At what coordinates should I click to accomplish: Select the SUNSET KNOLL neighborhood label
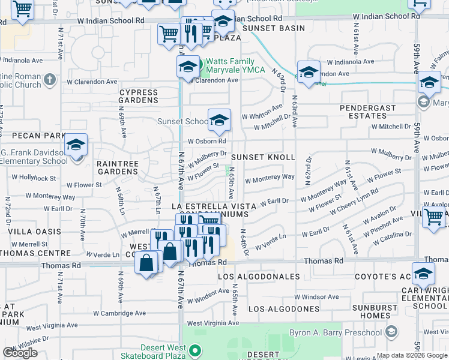tap(263, 157)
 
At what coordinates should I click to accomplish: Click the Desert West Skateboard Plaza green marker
tap(194, 350)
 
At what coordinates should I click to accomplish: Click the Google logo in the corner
tap(20, 353)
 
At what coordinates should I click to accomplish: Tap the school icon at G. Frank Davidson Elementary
tap(76, 146)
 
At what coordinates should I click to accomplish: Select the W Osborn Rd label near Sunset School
tap(206, 142)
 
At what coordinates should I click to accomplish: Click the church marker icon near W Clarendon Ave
tap(49, 77)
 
